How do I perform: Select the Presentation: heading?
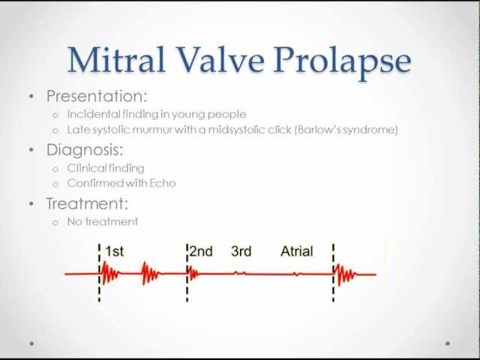[96, 96]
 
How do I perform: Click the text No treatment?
[103, 221]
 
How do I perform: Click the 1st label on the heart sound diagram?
[114, 252]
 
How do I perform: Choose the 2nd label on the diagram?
[201, 252]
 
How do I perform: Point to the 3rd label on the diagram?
[241, 252]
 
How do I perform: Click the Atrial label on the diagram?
[297, 252]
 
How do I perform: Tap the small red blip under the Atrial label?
[297, 274]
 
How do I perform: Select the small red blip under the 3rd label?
[240, 274]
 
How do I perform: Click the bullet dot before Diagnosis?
[31, 150]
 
